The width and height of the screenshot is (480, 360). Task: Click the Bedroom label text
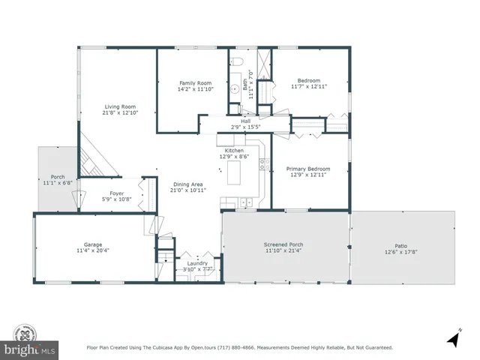pos(309,80)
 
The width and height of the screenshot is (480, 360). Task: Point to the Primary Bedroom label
pos(309,169)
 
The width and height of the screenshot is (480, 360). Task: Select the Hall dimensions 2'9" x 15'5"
pos(245,127)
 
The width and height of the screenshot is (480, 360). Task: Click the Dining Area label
pos(187,184)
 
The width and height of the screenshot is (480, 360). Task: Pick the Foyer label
pos(117,193)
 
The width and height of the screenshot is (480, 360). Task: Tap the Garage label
pos(93,244)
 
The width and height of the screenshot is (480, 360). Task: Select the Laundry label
pos(197,262)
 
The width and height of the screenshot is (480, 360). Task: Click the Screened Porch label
pos(284,244)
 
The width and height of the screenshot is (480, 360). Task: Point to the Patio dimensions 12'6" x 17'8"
pos(401,250)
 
